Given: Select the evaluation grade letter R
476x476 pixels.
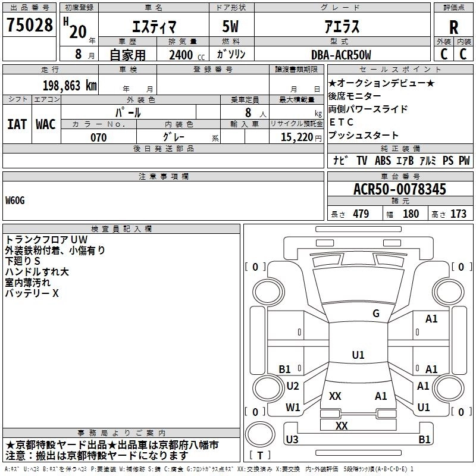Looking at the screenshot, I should pos(454,27).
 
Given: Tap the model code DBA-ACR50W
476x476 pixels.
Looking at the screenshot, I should pos(341,55).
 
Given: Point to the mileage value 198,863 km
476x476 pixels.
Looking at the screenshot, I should pos(70,85).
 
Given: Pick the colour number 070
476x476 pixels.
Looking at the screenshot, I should pos(98,137).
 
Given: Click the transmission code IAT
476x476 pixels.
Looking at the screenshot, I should pos(17,124).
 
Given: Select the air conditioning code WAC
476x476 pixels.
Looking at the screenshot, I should pos(46,124).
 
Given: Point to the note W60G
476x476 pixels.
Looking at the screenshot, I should pos(15,201).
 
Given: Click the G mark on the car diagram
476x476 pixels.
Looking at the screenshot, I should pos(375,314).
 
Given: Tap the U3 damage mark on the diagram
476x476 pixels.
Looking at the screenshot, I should pos(292,440).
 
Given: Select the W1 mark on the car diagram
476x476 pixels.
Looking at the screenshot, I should pos(293,408).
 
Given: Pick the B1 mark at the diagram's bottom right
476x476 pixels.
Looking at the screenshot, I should pos(424,440).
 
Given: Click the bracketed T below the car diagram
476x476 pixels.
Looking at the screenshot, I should pos(259,456).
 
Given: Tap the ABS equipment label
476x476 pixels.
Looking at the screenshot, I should pos(383,161).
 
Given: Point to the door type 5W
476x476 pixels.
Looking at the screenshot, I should pos(231,27).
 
